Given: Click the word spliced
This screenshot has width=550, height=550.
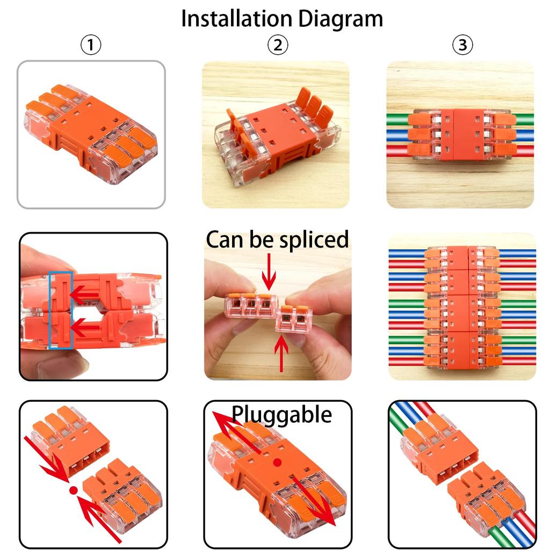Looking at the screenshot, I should coord(314,240).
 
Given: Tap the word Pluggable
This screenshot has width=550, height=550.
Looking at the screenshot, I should coord(281,415).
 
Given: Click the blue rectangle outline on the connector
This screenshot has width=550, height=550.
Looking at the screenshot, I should coord(61,310).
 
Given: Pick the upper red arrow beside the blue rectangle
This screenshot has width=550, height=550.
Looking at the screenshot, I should coord(86,294).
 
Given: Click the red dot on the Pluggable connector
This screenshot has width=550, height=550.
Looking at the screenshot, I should coord(277,462).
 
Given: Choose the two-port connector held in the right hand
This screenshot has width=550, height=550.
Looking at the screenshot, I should coord(293,318).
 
